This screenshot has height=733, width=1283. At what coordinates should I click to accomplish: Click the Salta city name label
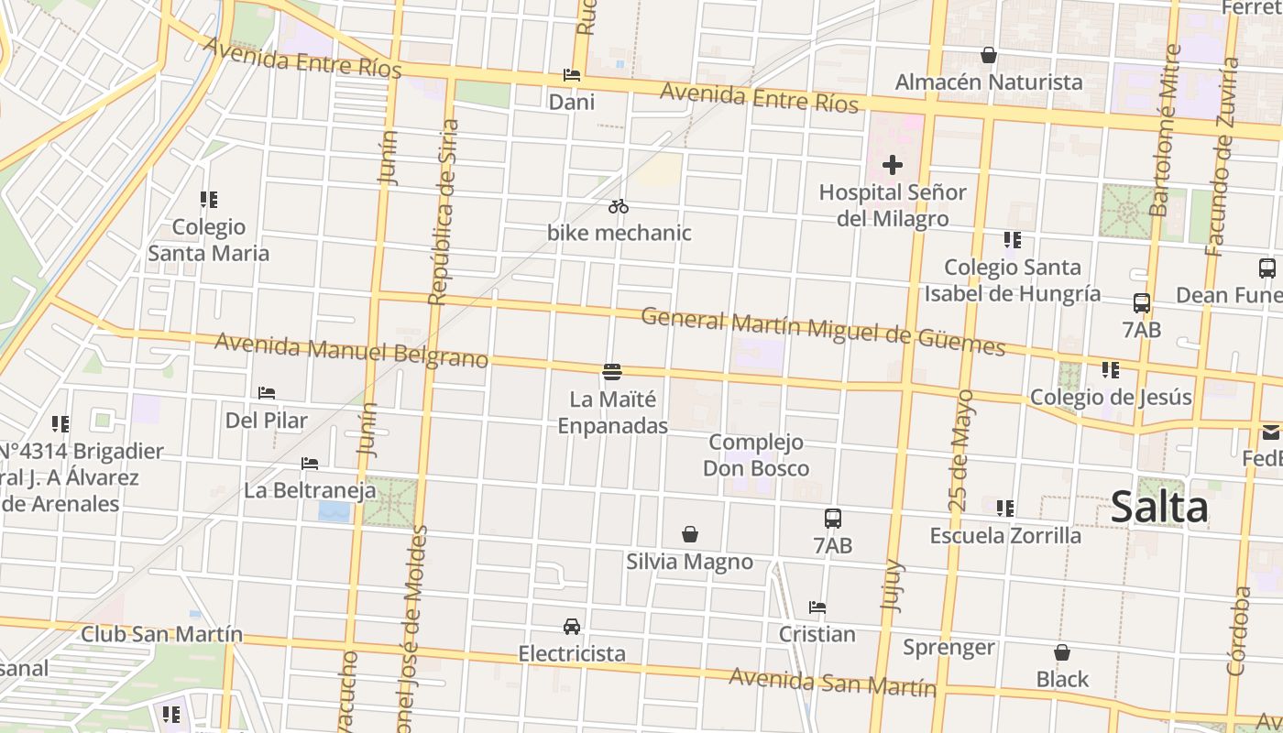(x=1159, y=507)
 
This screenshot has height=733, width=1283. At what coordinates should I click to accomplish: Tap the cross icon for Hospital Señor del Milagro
(x=893, y=165)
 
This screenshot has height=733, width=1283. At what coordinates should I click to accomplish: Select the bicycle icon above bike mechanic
(x=619, y=206)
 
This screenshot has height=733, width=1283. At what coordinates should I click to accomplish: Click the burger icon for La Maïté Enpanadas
(x=612, y=371)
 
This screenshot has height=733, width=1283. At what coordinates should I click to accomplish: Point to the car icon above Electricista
(x=572, y=627)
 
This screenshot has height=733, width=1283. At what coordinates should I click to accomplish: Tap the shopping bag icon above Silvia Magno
(x=690, y=533)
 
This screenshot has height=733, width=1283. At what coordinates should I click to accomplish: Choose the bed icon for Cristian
(x=817, y=607)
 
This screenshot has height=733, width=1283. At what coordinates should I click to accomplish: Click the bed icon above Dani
(x=572, y=75)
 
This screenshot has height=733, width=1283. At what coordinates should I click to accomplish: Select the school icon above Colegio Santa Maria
(x=209, y=199)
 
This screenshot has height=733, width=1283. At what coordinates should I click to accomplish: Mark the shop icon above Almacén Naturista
(x=989, y=55)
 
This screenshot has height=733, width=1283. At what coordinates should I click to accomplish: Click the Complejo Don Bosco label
(x=756, y=455)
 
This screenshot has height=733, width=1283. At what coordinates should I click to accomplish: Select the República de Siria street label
(x=443, y=212)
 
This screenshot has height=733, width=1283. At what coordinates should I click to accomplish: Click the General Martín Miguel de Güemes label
(x=823, y=331)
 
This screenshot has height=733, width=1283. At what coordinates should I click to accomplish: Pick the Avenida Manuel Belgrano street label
(x=351, y=350)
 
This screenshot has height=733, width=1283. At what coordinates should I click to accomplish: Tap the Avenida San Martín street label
(x=832, y=682)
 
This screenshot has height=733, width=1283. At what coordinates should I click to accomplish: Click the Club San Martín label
(x=162, y=633)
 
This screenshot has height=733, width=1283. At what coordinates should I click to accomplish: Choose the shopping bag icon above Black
(x=1062, y=652)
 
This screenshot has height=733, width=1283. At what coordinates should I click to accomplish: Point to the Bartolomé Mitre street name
(x=1165, y=131)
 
